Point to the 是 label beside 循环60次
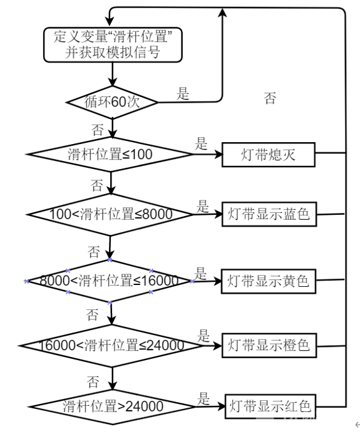coord(183,93)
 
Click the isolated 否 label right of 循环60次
coord(270,98)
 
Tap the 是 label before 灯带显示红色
coord(203,398)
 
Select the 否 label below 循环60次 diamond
coord(98,130)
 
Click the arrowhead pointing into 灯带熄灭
coord(219,155)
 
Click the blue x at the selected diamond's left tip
coord(26,281)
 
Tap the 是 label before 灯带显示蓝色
coord(203,206)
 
